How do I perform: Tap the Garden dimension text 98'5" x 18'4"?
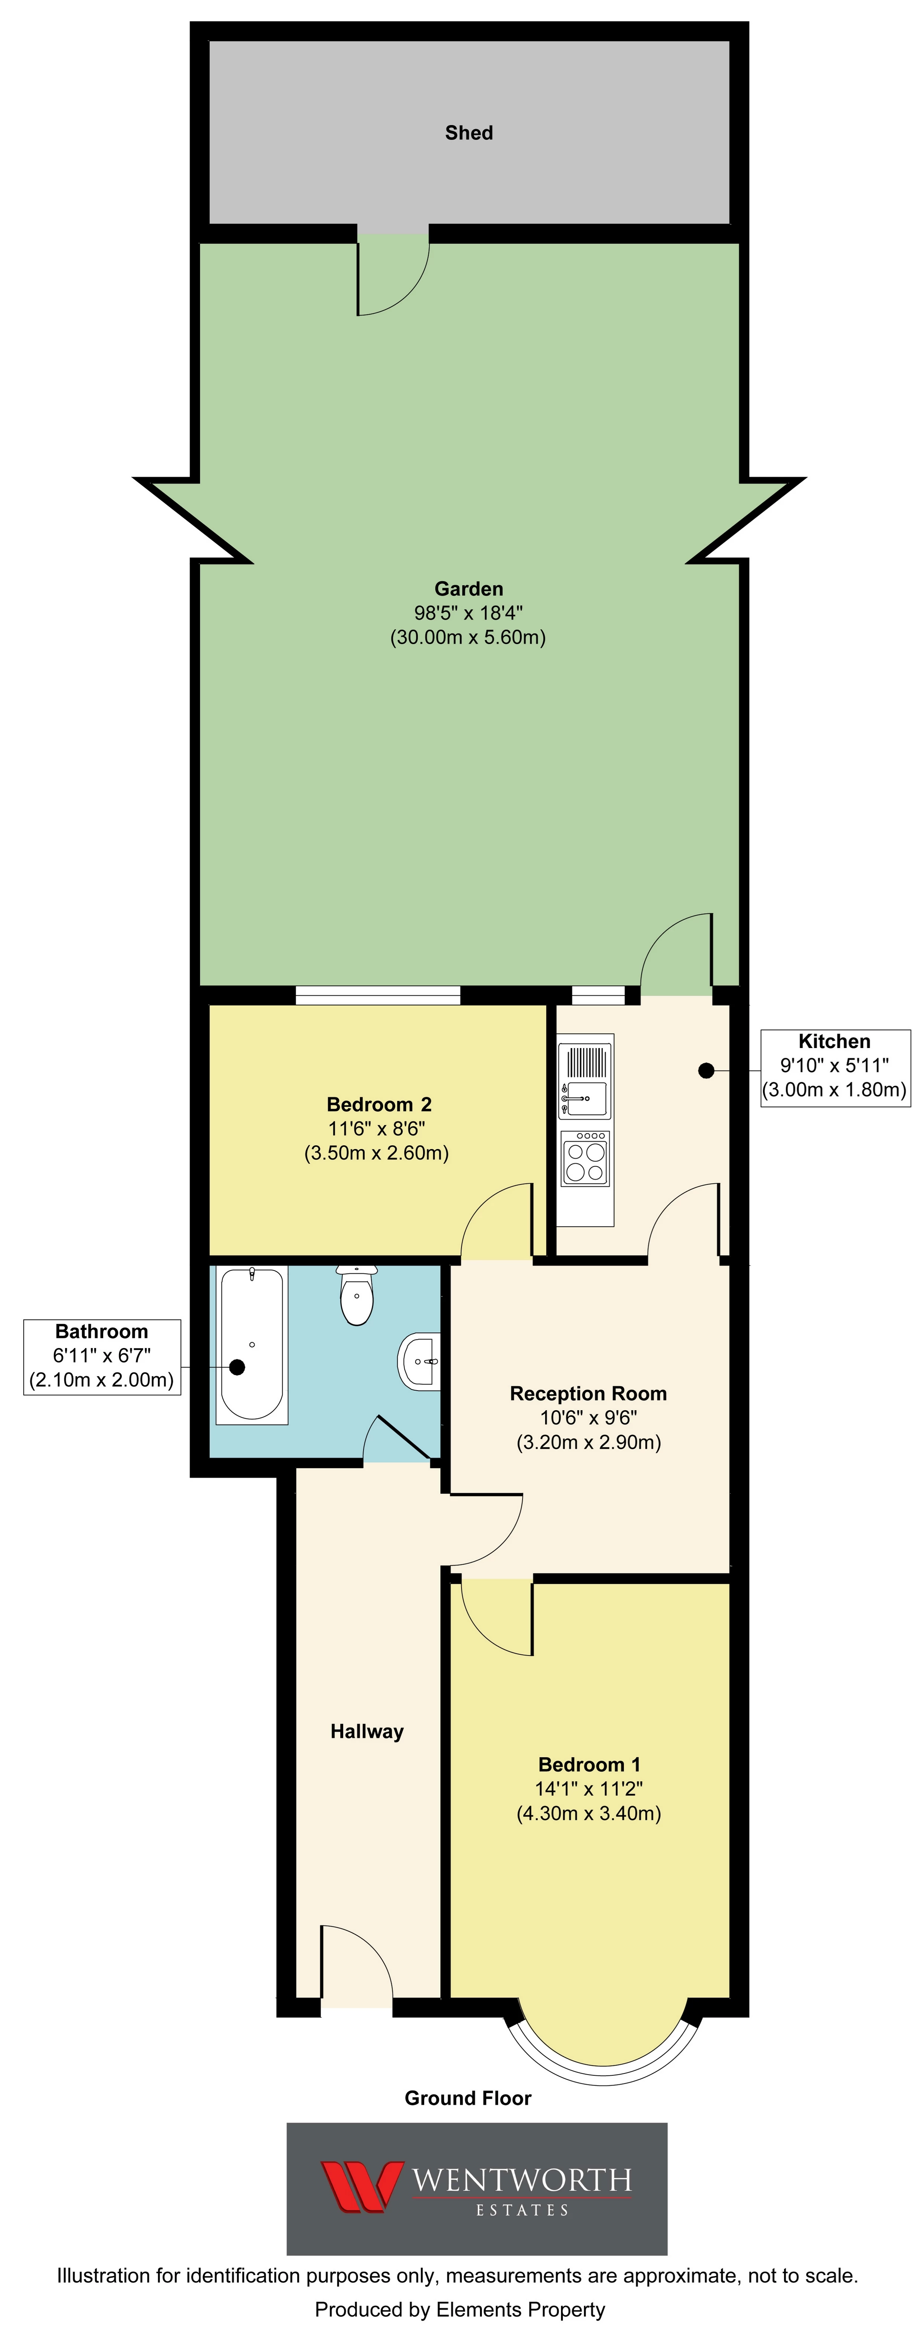pyautogui.click(x=468, y=613)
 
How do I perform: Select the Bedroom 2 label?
pyautogui.click(x=379, y=1105)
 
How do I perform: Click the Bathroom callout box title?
pyautogui.click(x=102, y=1331)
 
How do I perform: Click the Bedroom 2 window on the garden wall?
pyautogui.click(x=377, y=995)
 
